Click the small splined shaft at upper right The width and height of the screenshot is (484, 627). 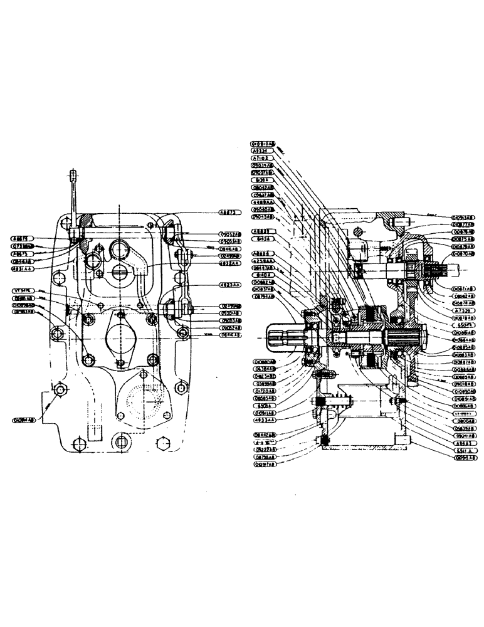439,271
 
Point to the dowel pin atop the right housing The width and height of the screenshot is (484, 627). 399,221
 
